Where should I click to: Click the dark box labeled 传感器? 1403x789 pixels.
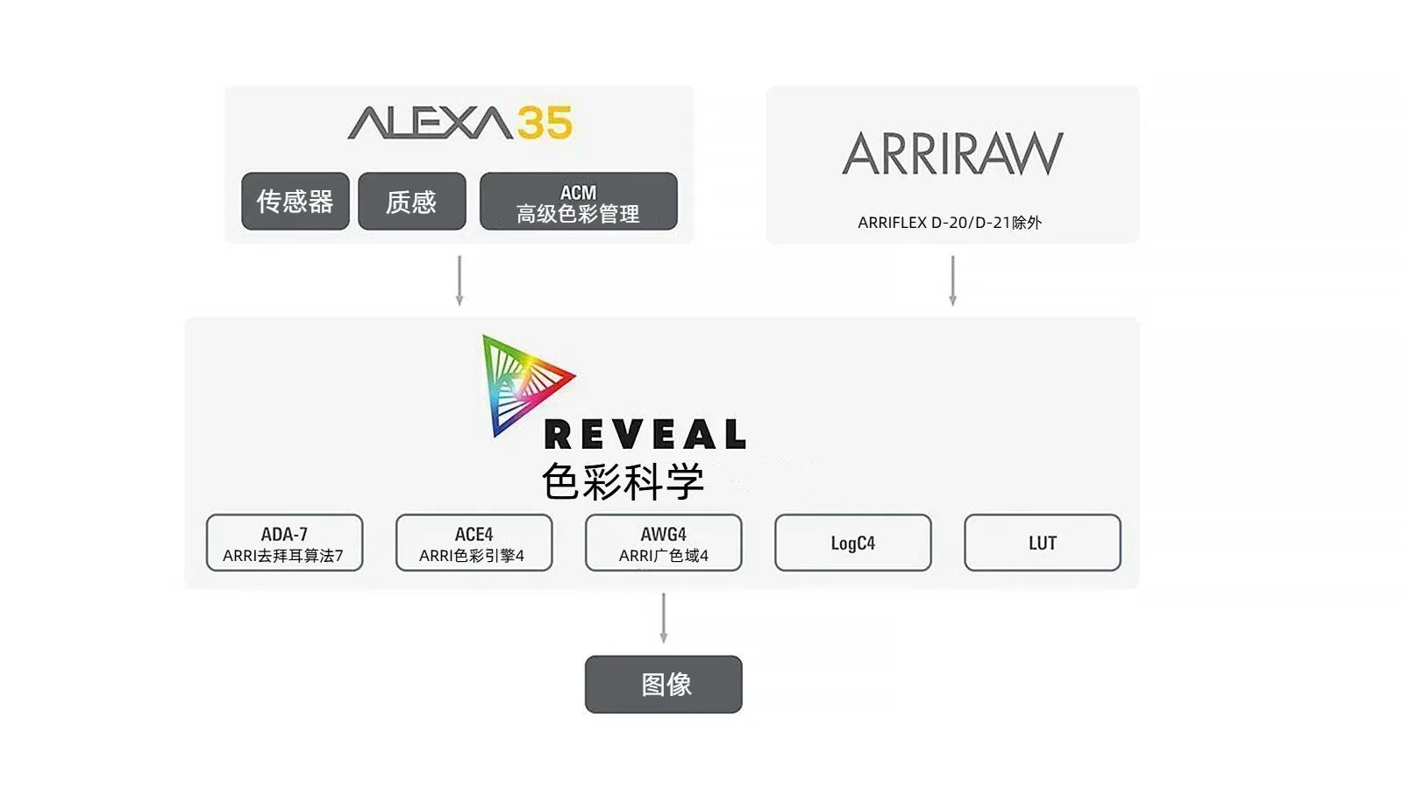pos(295,201)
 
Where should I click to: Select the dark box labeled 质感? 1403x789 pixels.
pos(411,201)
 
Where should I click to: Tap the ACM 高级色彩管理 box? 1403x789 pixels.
pos(578,201)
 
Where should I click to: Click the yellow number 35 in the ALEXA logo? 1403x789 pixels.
pos(545,122)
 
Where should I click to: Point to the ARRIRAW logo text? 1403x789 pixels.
pos(952,153)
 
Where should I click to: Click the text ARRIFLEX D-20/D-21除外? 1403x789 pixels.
pos(950,223)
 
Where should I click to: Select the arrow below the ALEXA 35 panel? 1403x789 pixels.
pos(459,281)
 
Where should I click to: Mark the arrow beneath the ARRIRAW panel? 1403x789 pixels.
pos(952,281)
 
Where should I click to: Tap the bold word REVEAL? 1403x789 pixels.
pos(645,434)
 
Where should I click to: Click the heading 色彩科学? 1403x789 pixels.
pos(623,481)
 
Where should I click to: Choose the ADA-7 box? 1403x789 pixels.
pos(284,543)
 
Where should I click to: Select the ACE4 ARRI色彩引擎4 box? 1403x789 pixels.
pos(474,543)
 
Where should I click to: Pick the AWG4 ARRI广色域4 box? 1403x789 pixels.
pos(664,543)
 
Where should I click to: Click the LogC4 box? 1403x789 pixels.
pos(853,543)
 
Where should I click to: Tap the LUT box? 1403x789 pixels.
pos(1043,543)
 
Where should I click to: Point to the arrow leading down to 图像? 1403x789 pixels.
pos(664,618)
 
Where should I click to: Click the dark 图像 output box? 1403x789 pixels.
pos(664,685)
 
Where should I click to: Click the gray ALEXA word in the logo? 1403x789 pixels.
pos(431,123)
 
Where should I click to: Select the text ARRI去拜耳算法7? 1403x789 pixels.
pos(283,556)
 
